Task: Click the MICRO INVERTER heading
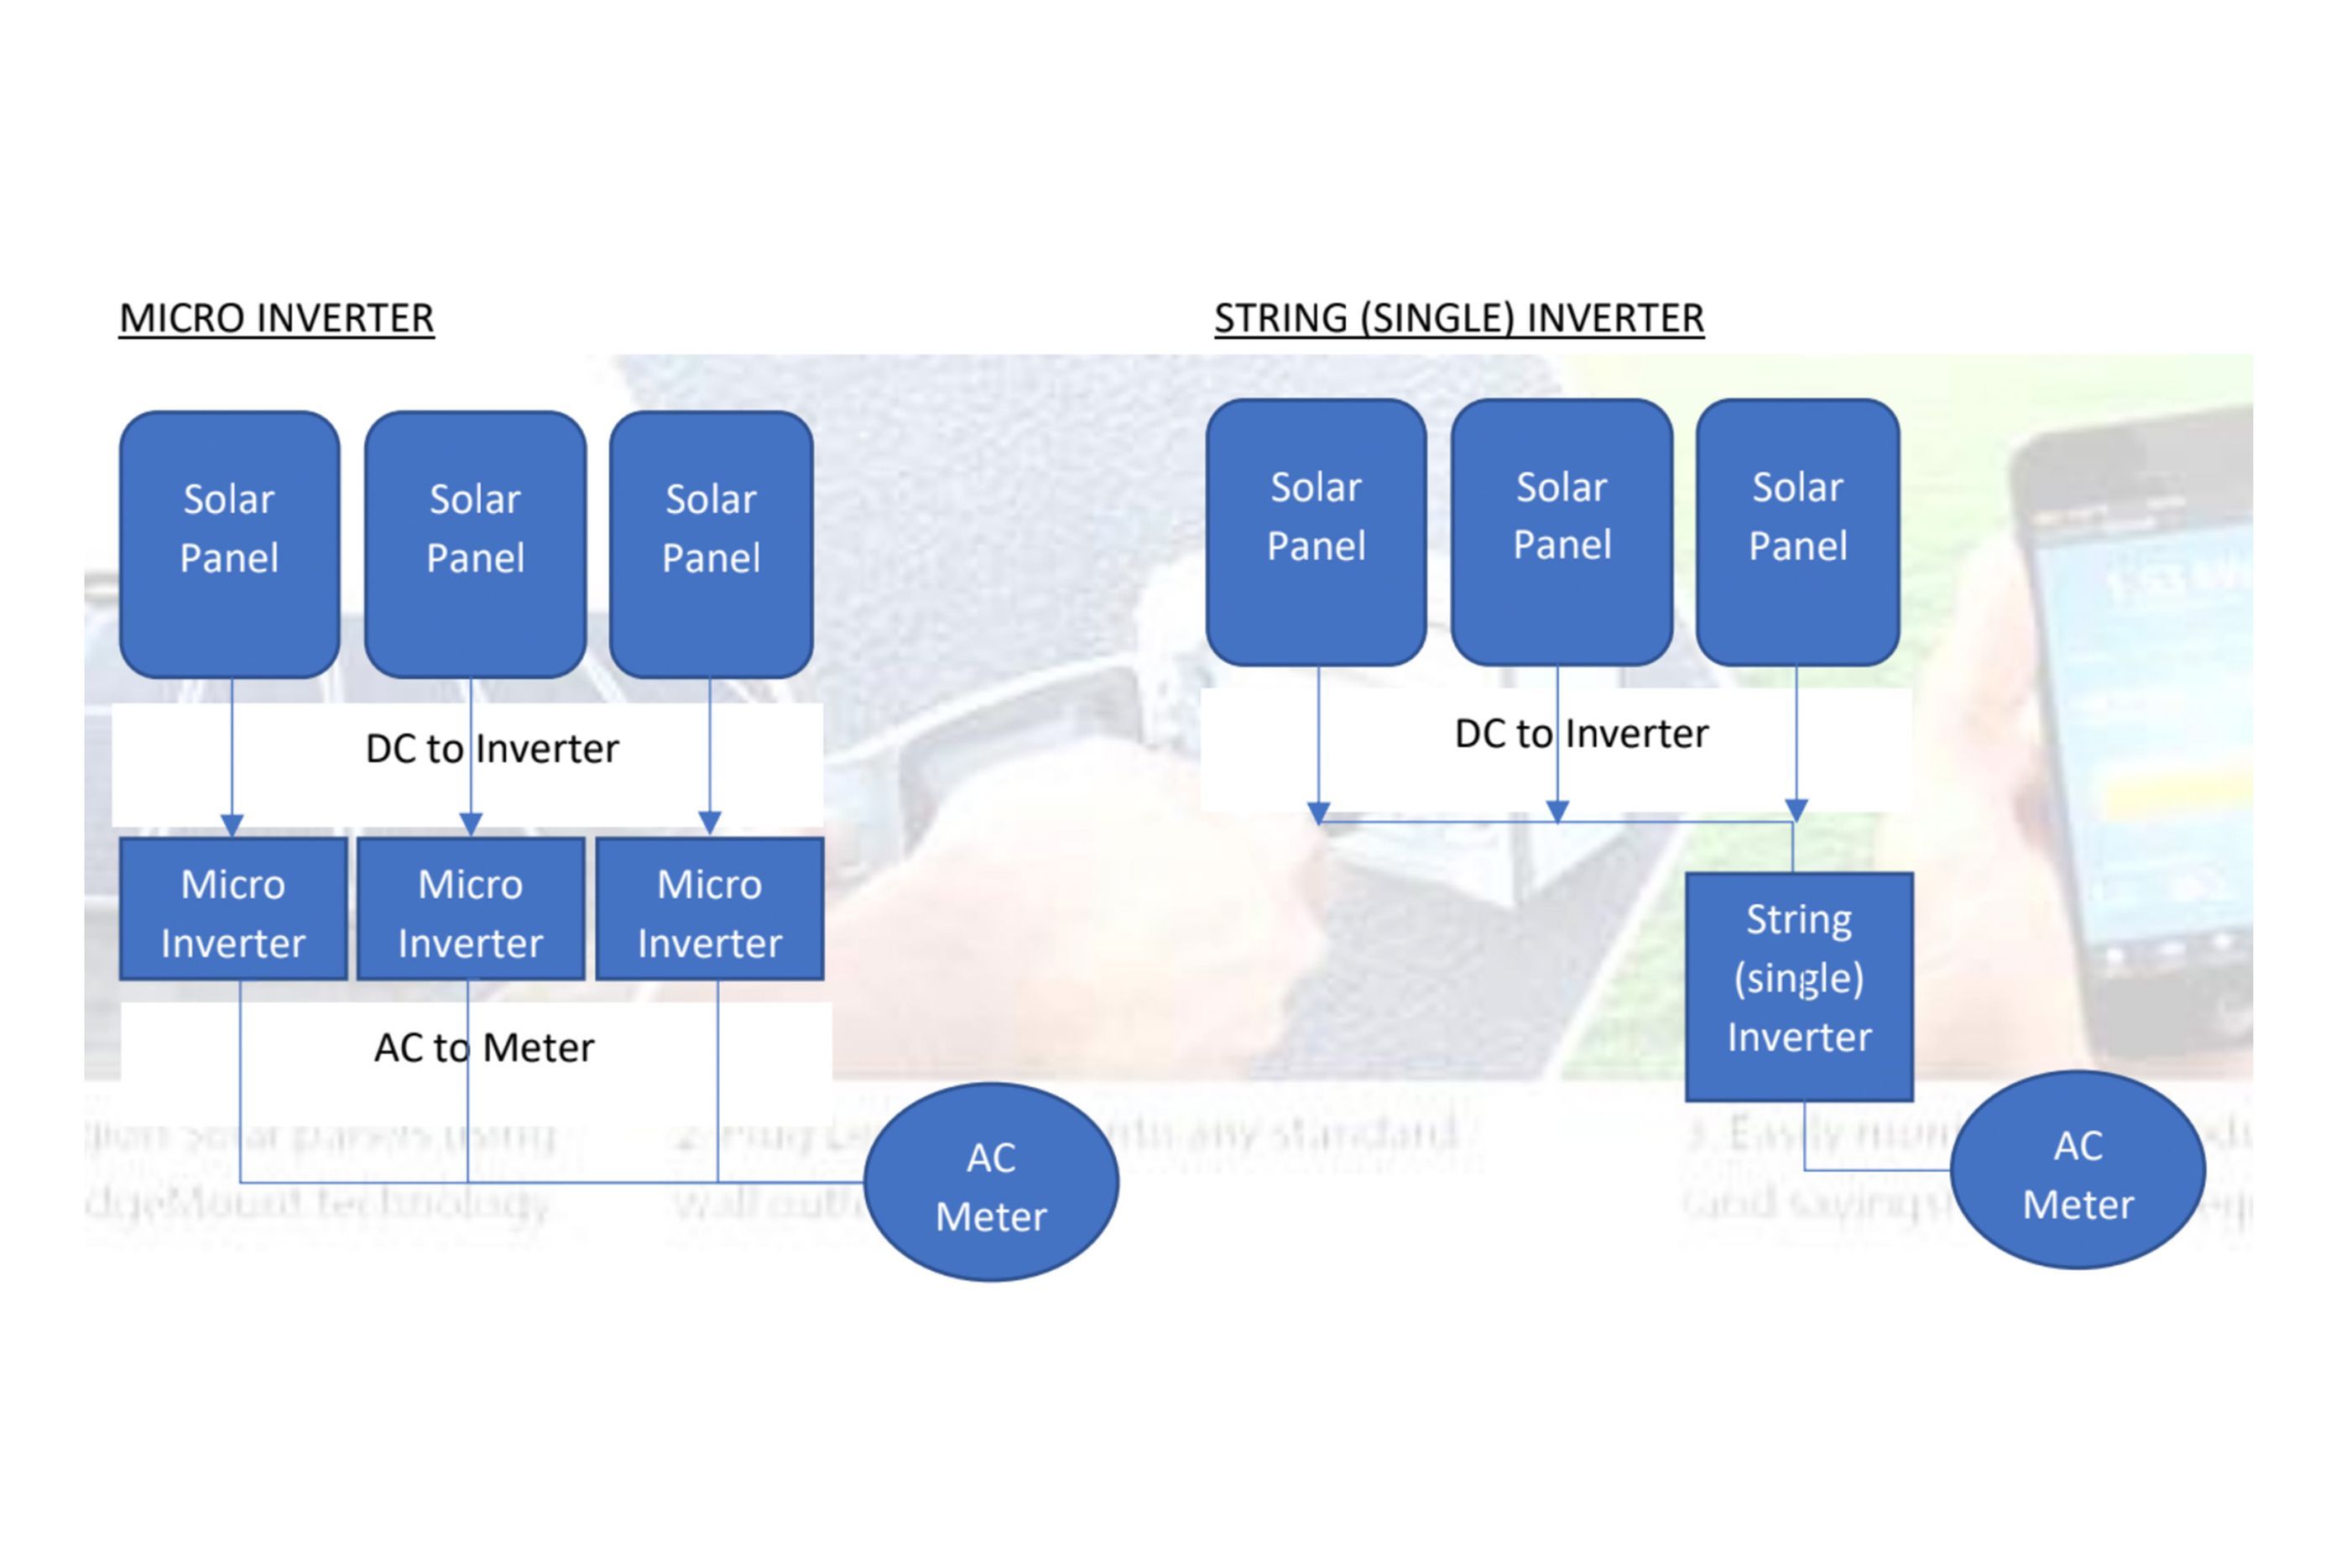click(276, 318)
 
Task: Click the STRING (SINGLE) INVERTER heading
click(1459, 318)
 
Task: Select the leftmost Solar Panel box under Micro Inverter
click(229, 545)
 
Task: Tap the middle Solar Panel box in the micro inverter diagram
click(475, 545)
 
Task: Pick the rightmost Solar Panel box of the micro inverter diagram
click(712, 545)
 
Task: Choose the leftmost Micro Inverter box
click(233, 909)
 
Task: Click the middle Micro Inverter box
click(471, 909)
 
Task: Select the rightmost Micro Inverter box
click(709, 909)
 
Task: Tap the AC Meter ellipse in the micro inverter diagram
click(991, 1183)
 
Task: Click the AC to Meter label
click(483, 1048)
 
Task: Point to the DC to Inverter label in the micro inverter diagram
click(492, 748)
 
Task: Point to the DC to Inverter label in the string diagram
click(1581, 734)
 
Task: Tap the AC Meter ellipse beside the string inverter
click(2078, 1170)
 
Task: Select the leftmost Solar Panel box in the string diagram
click(1316, 532)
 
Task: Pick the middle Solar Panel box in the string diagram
click(1562, 532)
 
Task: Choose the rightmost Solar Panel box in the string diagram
click(1797, 532)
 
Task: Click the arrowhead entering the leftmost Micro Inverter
click(232, 824)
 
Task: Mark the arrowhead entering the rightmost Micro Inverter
click(709, 823)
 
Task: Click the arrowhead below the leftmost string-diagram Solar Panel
click(1318, 812)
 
